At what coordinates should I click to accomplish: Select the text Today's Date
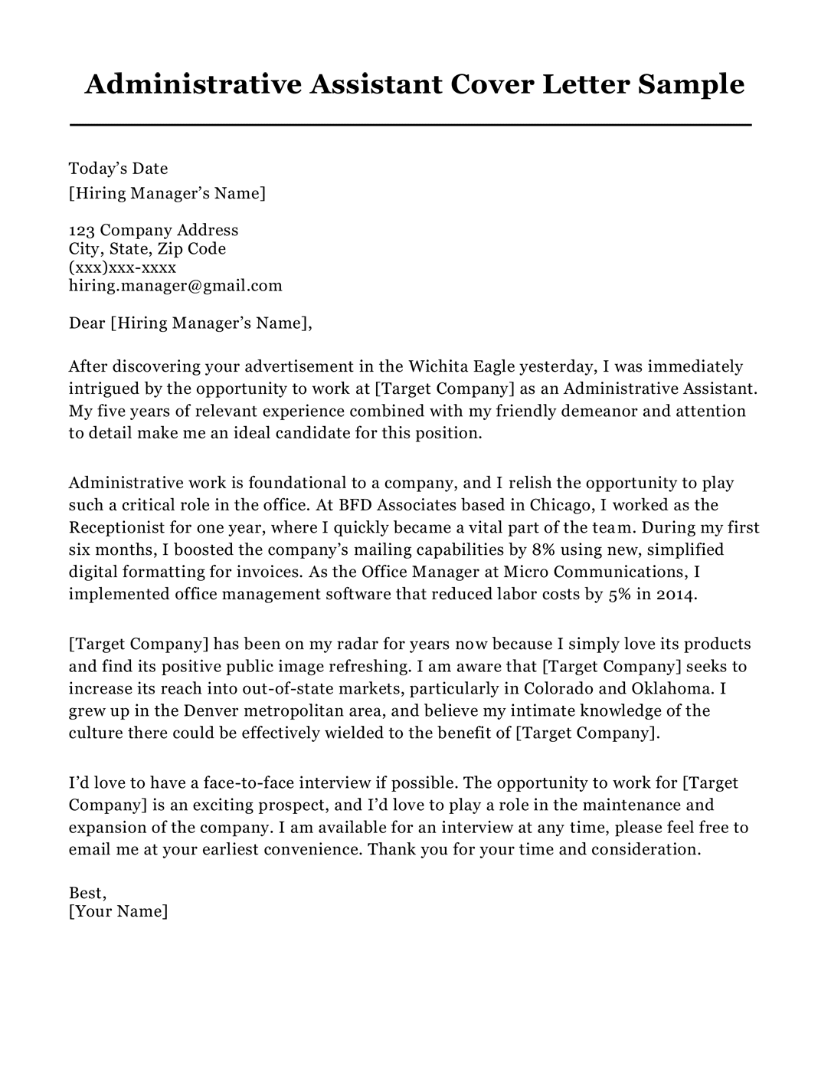[118, 169]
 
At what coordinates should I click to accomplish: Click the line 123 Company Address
[153, 230]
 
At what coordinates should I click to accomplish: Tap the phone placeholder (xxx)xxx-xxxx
[123, 267]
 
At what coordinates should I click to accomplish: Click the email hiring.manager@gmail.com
[175, 286]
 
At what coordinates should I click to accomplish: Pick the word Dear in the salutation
[87, 323]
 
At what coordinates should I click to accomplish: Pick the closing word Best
[87, 893]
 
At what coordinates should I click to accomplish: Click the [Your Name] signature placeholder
[118, 911]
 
